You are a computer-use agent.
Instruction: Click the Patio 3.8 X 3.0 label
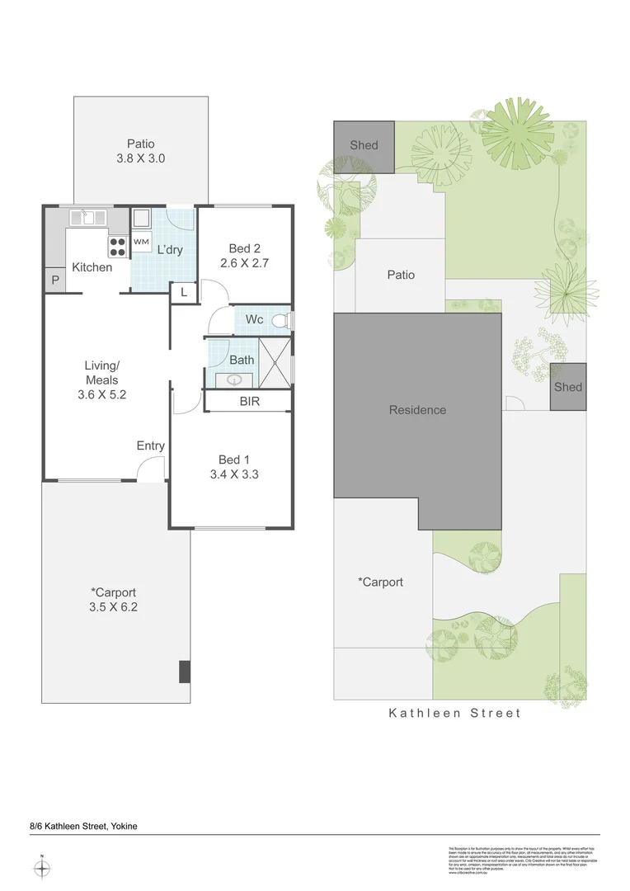140,151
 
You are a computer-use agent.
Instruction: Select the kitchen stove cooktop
116,247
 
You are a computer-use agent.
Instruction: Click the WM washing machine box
141,242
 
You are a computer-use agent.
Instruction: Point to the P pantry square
55,280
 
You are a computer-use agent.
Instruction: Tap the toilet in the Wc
282,319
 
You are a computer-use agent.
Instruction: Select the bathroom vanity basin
235,379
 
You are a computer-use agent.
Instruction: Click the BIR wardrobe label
250,402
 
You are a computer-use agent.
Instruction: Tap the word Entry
151,445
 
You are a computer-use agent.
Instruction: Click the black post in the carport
185,672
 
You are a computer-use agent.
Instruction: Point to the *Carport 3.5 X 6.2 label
114,599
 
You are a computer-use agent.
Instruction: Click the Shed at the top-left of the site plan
364,146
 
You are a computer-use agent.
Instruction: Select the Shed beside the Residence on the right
568,387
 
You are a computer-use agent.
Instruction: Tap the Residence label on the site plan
417,410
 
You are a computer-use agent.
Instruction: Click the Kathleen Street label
455,713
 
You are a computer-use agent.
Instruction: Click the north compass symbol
43,868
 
